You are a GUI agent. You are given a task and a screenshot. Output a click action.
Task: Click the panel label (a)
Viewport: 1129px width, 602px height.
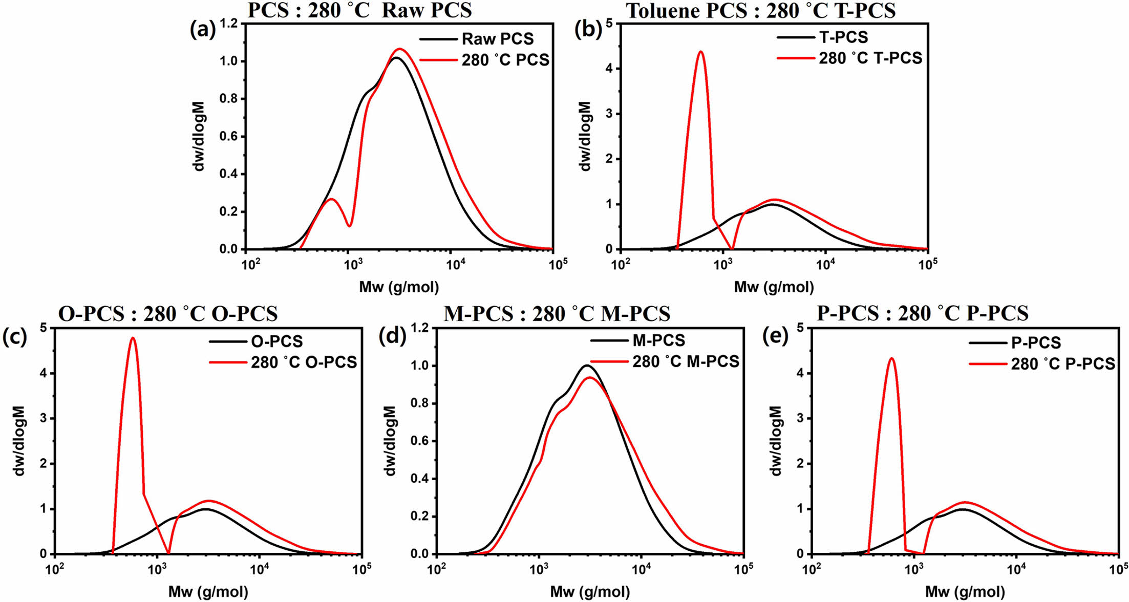[x=203, y=30]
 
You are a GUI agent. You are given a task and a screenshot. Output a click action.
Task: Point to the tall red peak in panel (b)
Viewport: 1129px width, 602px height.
[x=701, y=52]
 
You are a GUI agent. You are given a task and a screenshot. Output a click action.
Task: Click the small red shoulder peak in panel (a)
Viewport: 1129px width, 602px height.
[x=331, y=199]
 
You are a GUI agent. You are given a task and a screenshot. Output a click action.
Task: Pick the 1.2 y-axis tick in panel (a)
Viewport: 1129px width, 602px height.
[x=229, y=24]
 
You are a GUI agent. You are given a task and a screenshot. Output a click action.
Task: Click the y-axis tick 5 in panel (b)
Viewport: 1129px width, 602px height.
[x=609, y=24]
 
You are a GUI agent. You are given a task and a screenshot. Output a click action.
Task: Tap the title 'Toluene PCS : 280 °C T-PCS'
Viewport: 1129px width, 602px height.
[x=761, y=11]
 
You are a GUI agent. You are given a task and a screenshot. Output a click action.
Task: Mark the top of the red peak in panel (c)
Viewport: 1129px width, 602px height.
[x=133, y=338]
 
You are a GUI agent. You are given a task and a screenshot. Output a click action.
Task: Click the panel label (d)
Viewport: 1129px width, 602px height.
[x=392, y=336]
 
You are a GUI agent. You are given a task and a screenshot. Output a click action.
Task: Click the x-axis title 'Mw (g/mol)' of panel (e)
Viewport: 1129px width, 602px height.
[x=965, y=592]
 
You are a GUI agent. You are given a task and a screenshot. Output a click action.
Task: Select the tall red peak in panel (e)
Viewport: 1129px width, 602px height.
[x=891, y=358]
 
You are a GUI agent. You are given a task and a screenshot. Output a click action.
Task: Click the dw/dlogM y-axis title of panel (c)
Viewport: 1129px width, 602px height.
[x=19, y=441]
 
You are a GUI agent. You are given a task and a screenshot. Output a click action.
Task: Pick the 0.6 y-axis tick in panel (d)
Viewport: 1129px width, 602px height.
[x=420, y=441]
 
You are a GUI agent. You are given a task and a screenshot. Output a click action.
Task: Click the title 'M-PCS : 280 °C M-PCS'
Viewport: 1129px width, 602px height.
[x=557, y=314]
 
